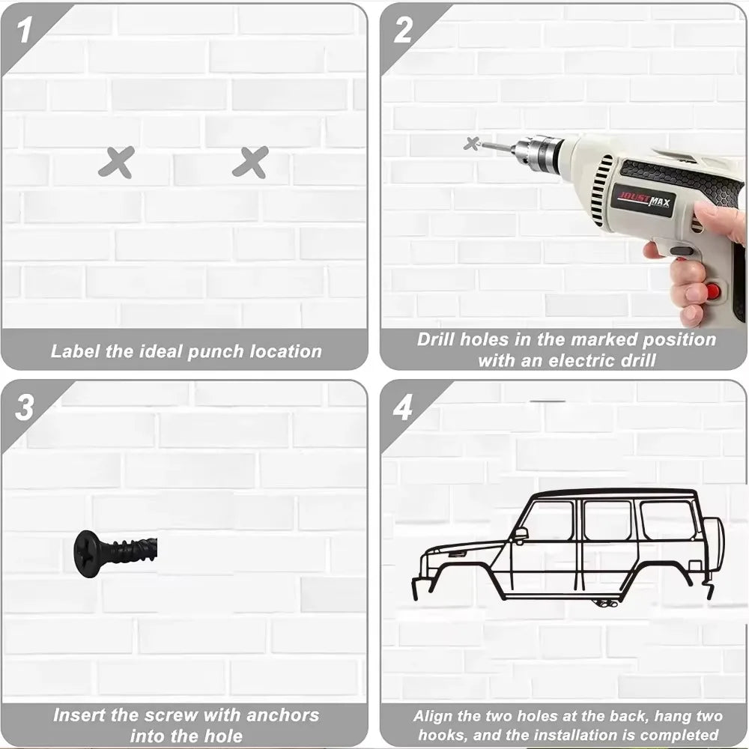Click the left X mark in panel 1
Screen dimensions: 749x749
click(x=116, y=162)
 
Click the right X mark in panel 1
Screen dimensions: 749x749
click(x=250, y=162)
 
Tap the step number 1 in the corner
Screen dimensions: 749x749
click(x=25, y=31)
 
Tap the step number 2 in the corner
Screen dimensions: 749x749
click(x=403, y=31)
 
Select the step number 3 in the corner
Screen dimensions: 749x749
click(x=25, y=408)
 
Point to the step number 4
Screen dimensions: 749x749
click(x=403, y=408)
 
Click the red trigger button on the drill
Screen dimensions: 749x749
click(x=712, y=290)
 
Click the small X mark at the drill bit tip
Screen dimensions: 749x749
click(x=471, y=142)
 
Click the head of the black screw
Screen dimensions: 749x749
click(x=86, y=552)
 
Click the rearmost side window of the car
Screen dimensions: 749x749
click(x=667, y=520)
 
